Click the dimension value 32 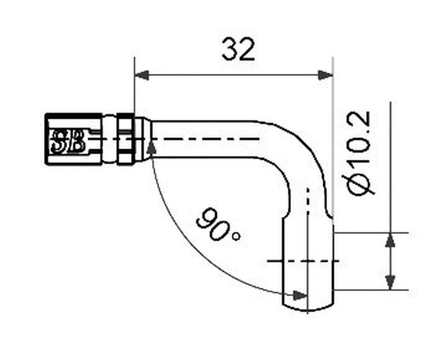click(238, 50)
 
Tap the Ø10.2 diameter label click(359, 153)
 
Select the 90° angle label click(218, 225)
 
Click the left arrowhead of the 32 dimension click(142, 75)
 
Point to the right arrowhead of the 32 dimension click(325, 75)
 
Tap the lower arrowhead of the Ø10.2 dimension click(390, 283)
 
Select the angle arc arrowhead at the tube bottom click(300, 295)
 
